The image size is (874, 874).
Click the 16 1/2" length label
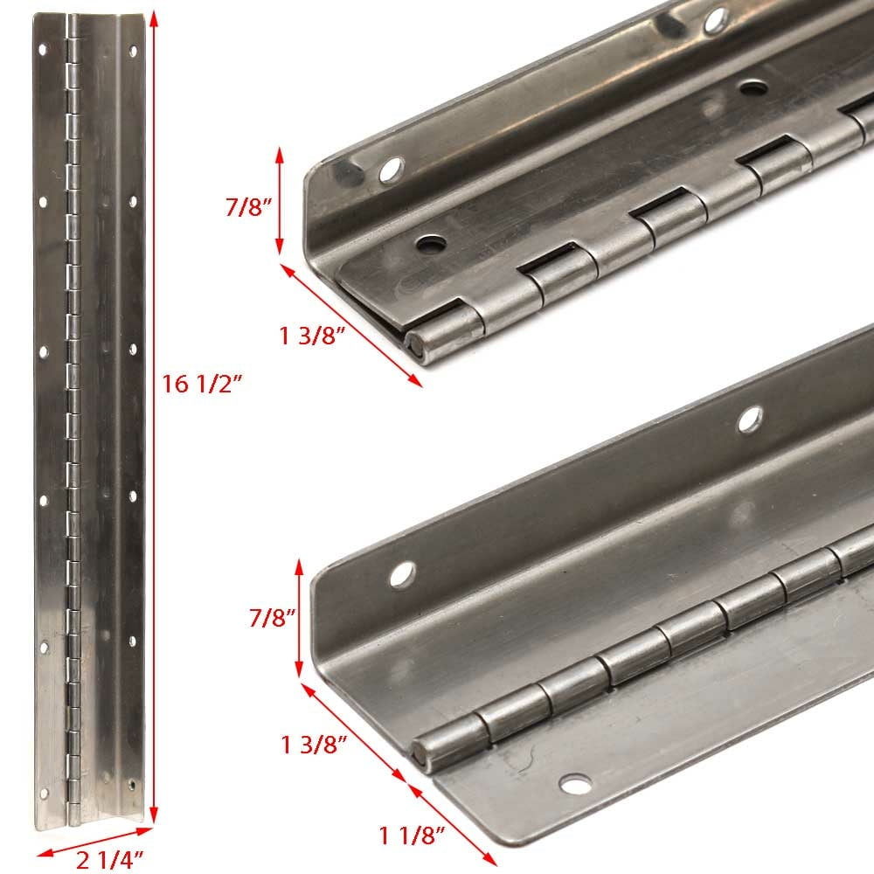pos(202,384)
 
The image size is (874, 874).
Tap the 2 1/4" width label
pos(110,860)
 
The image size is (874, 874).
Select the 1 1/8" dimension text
pos(413,836)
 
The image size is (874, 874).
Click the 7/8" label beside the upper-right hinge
pos(248,207)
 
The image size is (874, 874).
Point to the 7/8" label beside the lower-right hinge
pos(272,618)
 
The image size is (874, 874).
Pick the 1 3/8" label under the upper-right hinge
pos(312,336)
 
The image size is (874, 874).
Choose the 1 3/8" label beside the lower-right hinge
pos(314,745)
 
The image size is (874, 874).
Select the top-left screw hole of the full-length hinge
pos(42,50)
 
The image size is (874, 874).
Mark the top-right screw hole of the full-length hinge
pos(133,52)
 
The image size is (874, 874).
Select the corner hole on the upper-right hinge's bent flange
pos(392,170)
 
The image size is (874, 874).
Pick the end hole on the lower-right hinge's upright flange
pos(402,575)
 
